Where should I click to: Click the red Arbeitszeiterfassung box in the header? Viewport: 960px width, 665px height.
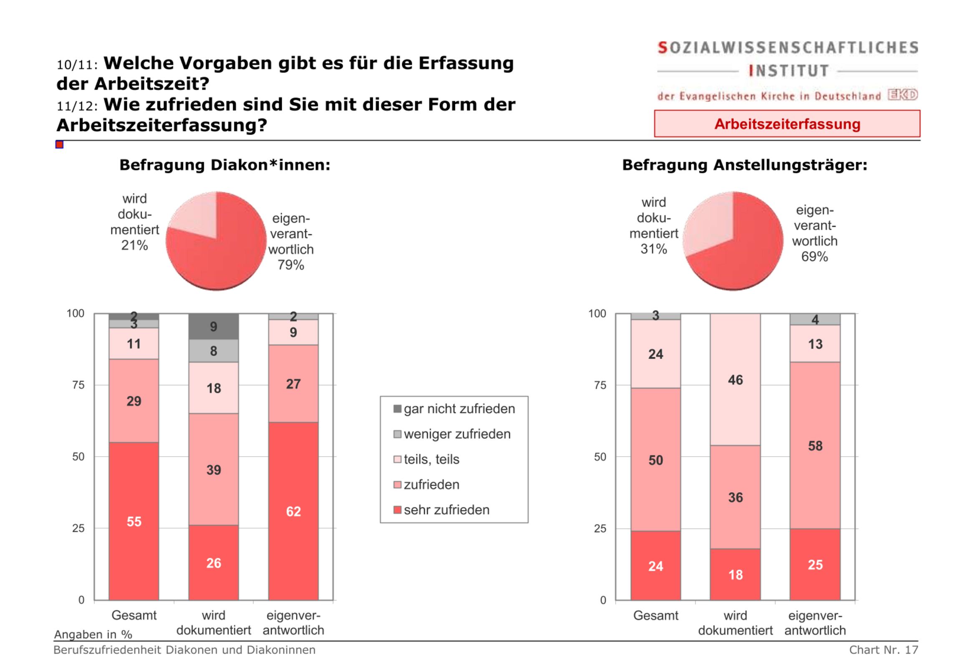786,124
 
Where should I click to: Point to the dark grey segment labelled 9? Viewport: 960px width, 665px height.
213,326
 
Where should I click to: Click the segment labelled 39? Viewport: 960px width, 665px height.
213,469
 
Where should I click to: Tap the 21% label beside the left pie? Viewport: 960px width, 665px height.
134,245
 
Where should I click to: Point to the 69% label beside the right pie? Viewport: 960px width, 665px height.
814,256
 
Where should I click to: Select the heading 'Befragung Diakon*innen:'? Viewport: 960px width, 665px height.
225,165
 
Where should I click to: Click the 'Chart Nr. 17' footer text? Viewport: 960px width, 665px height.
883,650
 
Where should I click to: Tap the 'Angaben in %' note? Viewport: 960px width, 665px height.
93,634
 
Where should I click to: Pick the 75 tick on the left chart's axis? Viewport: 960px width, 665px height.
78,384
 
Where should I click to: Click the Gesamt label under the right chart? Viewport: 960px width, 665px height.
655,615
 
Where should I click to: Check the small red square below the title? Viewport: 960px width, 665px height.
59,144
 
